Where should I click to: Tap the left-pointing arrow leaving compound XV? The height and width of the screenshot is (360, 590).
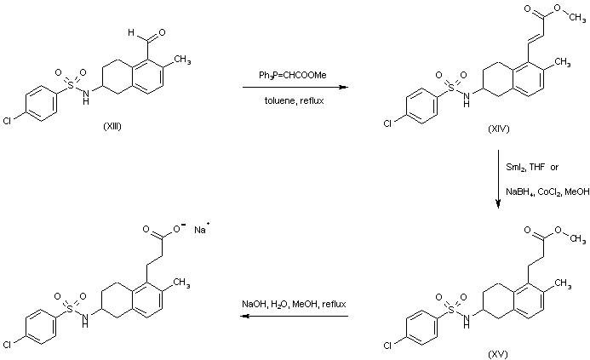[292, 317]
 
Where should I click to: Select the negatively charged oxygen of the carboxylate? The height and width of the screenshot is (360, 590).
[175, 228]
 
